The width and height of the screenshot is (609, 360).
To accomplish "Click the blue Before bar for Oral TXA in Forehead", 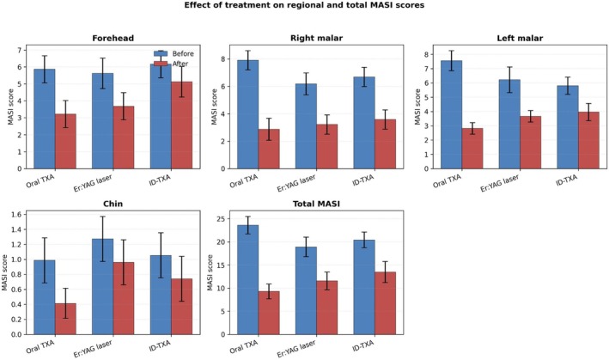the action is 45,119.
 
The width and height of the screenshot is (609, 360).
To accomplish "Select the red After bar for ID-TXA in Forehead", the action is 182,125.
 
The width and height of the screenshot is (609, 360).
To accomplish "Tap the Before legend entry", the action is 174,53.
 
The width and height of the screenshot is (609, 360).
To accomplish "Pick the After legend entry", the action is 171,64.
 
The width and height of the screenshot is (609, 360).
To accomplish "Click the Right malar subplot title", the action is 317,38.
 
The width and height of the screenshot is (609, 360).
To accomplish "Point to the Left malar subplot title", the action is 520,38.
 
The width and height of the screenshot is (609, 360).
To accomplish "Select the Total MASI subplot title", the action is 316,204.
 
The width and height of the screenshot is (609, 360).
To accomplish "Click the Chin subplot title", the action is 113,204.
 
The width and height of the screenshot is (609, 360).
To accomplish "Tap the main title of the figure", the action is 304,5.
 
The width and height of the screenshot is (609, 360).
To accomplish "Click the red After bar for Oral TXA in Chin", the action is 65,319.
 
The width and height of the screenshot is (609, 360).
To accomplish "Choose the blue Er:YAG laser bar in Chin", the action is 102,287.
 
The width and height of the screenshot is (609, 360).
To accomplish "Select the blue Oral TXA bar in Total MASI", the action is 247,279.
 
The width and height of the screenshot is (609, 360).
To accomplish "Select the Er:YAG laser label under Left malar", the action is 499,183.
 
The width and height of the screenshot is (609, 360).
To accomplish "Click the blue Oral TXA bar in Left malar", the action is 451,114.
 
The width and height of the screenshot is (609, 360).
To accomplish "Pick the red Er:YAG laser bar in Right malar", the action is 327,146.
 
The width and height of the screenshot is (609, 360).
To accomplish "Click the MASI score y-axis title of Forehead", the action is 10,107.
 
